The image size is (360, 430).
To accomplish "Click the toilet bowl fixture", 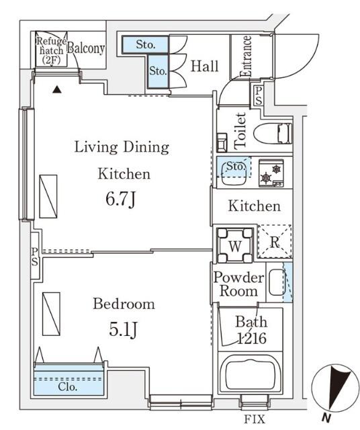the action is (273, 134).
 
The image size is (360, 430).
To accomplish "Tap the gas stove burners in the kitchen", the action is (271, 173).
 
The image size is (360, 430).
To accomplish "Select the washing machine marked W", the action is (235, 245).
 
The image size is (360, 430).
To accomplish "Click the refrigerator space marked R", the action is (275, 242).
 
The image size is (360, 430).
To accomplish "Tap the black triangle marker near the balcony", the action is (57, 89).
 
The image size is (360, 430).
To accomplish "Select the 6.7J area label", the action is (121, 200).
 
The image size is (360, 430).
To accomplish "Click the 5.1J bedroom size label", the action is (123, 329).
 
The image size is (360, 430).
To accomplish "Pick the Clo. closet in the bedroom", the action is (69, 380).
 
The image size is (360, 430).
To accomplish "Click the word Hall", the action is (205, 66).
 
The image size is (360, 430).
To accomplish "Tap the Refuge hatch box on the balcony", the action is (51, 49).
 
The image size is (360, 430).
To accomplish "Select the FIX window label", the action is (255, 419).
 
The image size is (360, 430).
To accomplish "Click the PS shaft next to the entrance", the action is (259, 95).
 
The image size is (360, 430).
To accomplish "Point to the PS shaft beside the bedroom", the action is (34, 256).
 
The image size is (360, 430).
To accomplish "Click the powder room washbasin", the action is (277, 282).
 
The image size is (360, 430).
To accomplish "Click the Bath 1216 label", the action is (251, 330).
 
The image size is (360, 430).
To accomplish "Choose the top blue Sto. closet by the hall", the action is (145, 45).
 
